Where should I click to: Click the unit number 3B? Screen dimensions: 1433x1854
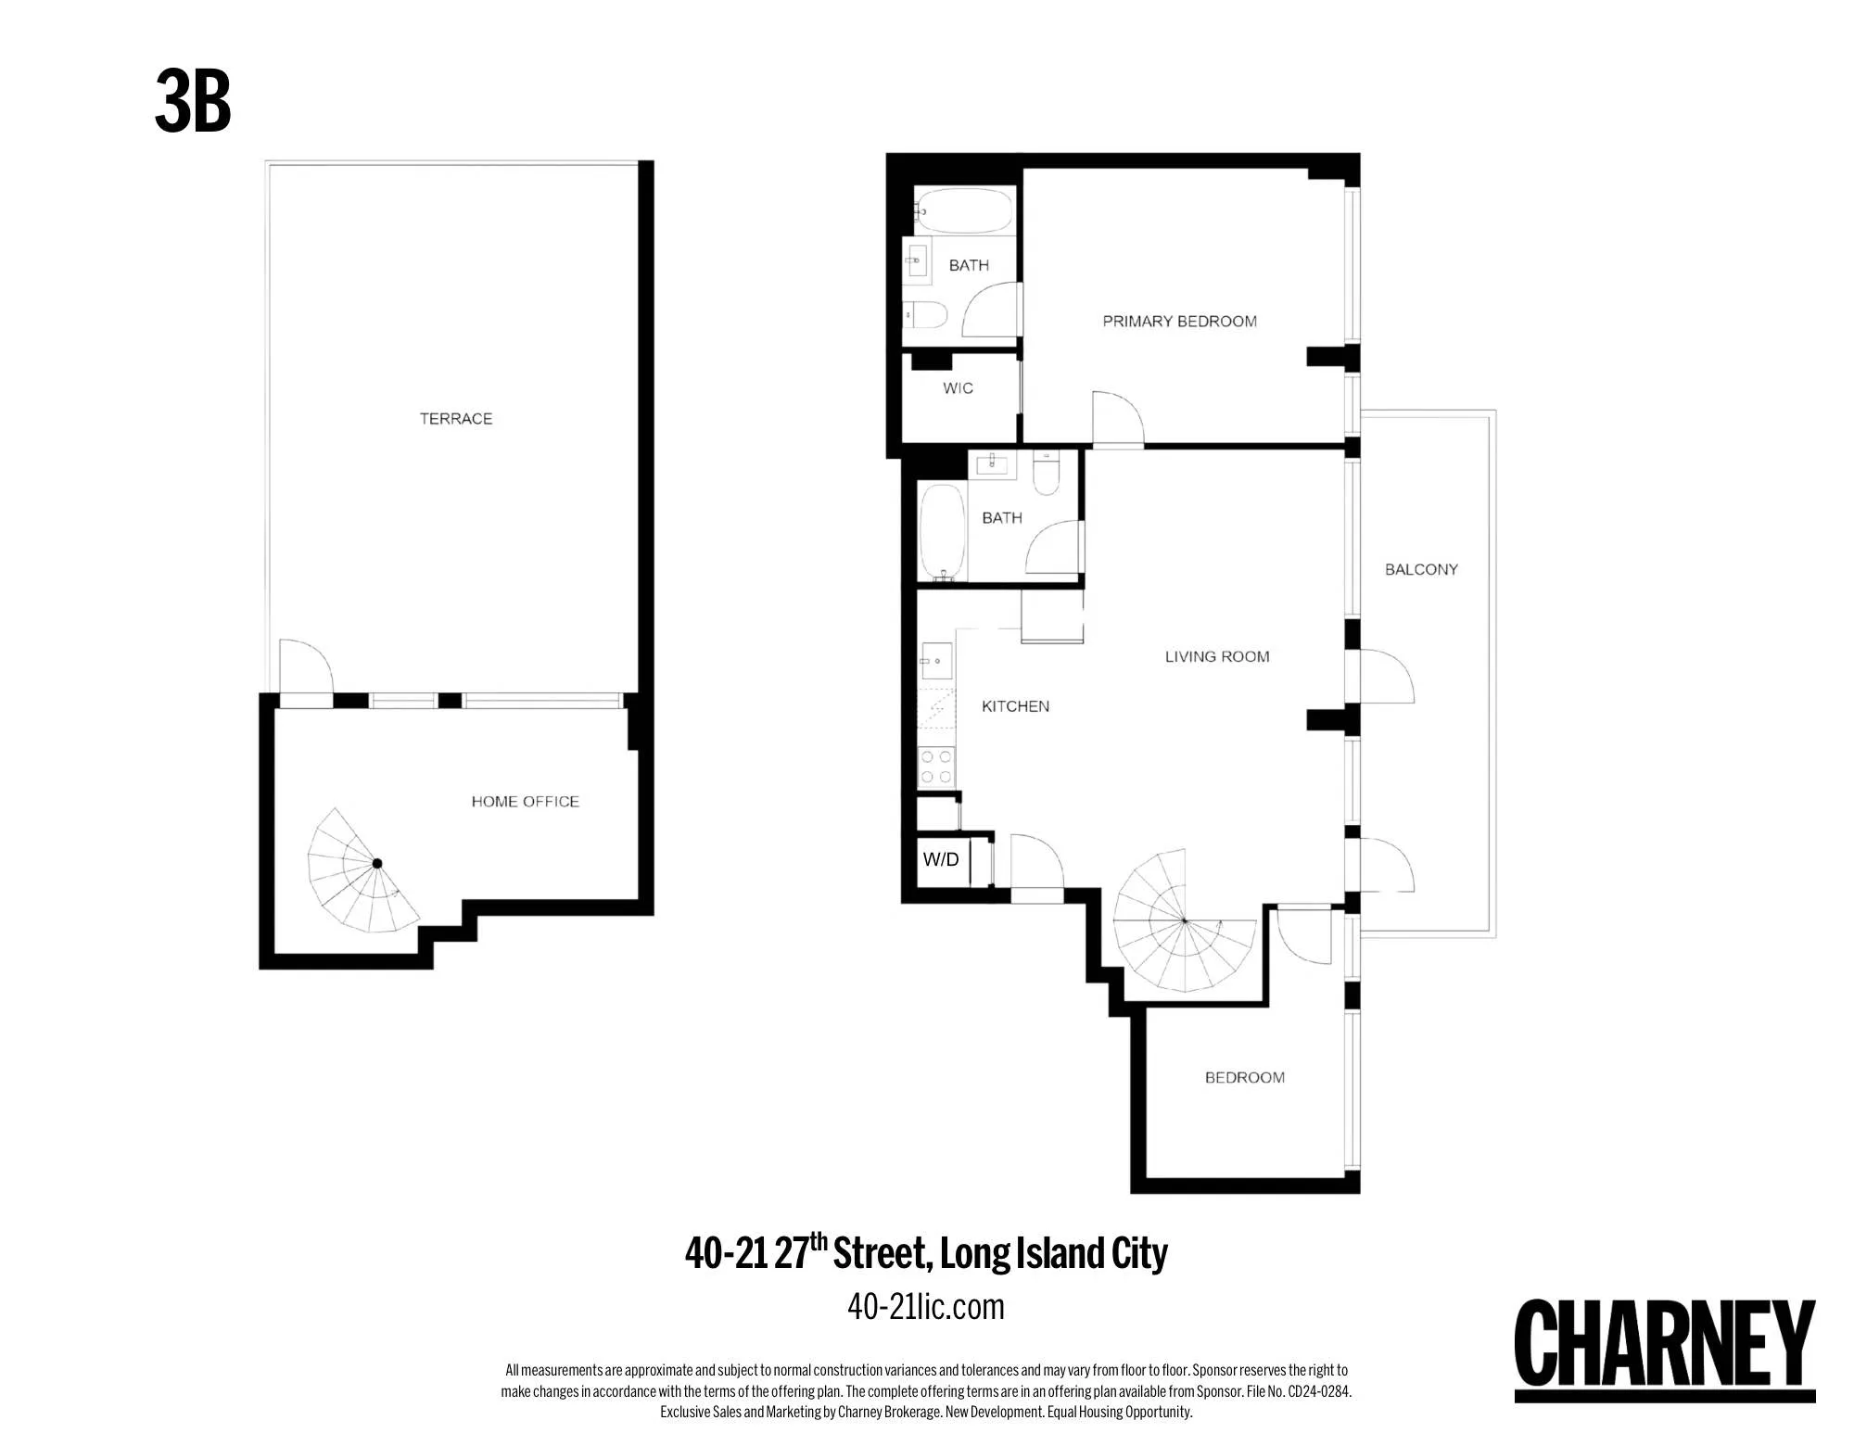tap(193, 102)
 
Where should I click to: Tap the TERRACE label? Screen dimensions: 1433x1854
tap(455, 419)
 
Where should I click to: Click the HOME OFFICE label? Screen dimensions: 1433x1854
tap(525, 802)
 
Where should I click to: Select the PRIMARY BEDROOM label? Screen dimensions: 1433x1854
tap(1179, 322)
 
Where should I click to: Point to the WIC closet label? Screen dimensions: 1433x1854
tap(958, 388)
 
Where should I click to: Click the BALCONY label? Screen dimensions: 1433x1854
tap(1421, 570)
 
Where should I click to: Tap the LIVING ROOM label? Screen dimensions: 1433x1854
tap(1216, 657)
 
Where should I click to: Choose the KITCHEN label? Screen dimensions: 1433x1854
tap(1015, 706)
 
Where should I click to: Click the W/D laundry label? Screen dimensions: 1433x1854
tap(941, 860)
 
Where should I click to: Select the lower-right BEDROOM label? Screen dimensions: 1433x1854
tap(1244, 1078)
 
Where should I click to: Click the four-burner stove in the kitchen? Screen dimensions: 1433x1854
tap(935, 767)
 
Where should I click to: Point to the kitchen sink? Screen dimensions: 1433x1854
tap(936, 662)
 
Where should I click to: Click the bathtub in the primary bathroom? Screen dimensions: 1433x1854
tap(965, 210)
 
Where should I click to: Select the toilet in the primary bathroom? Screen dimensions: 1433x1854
tap(925, 315)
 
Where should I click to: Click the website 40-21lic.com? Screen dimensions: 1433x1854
tap(925, 1307)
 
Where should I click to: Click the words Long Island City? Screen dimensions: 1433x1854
tap(1053, 1253)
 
